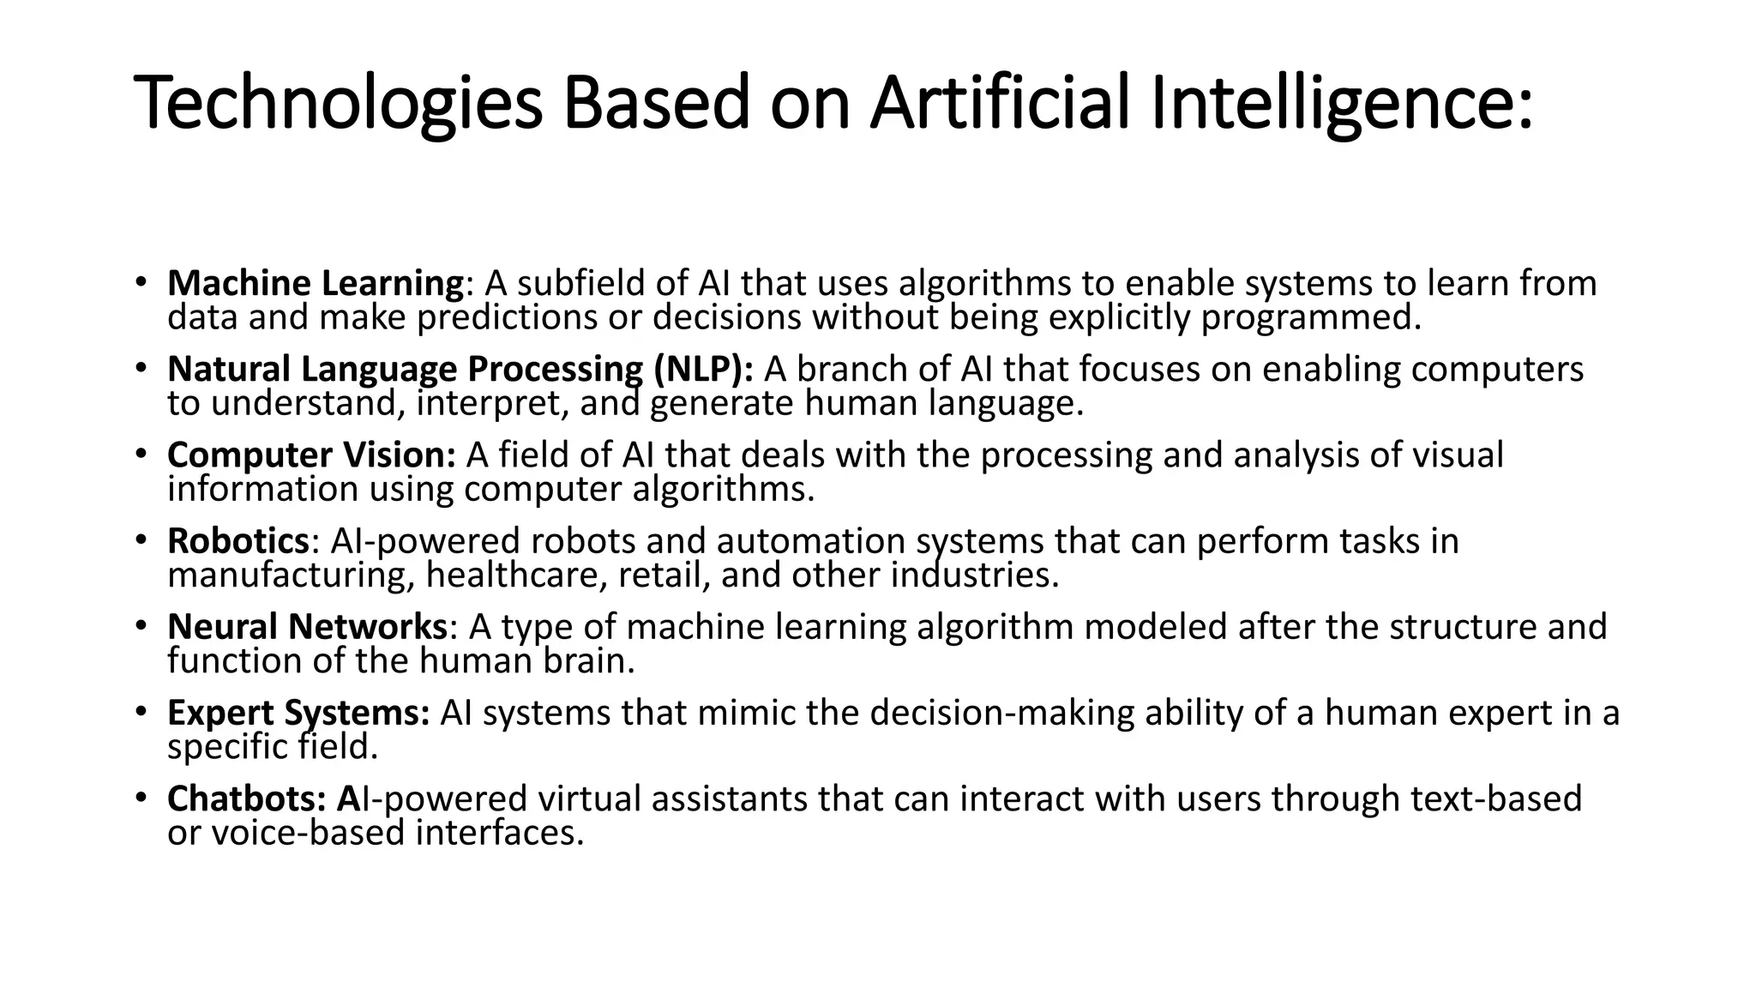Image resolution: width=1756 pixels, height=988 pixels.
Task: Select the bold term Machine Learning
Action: point(316,283)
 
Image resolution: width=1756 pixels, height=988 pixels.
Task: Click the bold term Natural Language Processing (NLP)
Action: point(460,369)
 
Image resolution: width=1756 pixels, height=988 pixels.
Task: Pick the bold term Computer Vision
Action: point(311,455)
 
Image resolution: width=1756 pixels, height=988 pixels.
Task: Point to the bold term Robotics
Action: point(238,541)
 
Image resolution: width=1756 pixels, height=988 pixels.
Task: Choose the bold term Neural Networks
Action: point(307,627)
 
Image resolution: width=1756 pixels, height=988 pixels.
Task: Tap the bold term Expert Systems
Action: point(298,713)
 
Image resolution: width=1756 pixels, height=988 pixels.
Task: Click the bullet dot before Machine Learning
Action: point(141,281)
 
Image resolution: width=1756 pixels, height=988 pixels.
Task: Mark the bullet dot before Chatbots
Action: point(141,797)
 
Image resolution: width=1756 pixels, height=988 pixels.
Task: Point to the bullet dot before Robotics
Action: point(141,539)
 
